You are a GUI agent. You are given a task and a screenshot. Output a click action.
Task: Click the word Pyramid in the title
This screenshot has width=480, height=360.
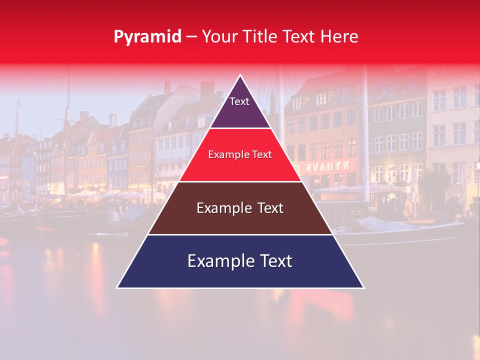[x=147, y=37]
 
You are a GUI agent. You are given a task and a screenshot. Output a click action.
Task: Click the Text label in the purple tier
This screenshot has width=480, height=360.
[x=239, y=102]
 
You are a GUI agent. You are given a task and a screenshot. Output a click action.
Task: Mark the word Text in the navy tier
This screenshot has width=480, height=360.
[x=275, y=261]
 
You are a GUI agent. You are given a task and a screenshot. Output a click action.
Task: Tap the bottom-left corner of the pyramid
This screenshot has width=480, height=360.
[x=117, y=287]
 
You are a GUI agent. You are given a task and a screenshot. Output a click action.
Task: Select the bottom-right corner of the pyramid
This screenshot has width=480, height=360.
[x=363, y=287]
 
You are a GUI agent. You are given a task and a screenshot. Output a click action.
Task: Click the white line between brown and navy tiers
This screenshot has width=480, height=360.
[x=240, y=234]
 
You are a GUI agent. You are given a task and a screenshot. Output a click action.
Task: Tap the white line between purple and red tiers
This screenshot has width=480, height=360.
[x=240, y=128]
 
